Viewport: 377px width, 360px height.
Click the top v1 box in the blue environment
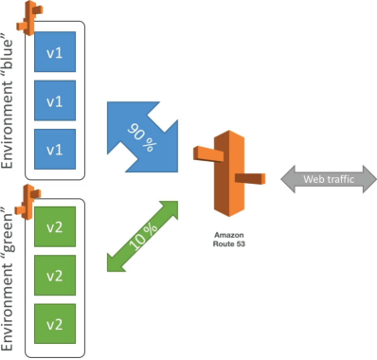point(55,52)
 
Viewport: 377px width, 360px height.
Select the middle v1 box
point(55,100)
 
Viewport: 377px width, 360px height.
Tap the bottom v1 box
point(55,149)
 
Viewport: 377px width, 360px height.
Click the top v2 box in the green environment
point(55,226)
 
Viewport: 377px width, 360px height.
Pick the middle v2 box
point(55,276)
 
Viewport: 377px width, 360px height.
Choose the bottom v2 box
point(55,324)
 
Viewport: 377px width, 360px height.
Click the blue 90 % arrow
point(143,136)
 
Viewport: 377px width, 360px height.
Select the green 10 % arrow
point(143,236)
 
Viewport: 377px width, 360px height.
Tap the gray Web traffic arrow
point(329,179)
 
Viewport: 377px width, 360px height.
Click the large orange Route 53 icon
point(229,173)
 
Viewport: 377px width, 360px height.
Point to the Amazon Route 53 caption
point(229,240)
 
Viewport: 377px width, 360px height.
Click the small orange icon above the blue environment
point(29,18)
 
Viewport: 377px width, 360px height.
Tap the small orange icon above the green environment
point(28,202)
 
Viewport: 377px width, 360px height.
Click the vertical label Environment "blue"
point(8,104)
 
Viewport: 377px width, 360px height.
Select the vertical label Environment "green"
point(8,279)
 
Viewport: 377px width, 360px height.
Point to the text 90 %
point(142,137)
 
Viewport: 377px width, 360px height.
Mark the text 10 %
point(143,236)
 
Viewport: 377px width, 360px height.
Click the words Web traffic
point(329,179)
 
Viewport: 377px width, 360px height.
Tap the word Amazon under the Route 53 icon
point(229,235)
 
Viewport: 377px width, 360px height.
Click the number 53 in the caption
point(241,243)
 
